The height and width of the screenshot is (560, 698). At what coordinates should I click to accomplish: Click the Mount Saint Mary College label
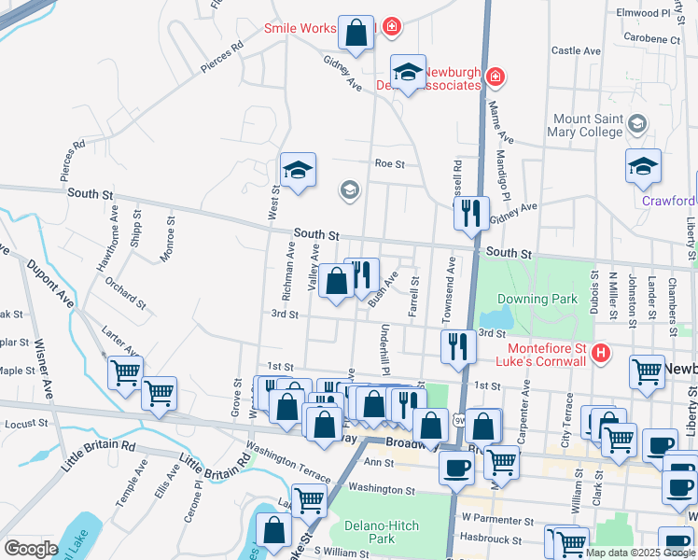click(x=588, y=125)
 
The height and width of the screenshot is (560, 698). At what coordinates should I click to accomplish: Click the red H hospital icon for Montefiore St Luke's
click(x=601, y=354)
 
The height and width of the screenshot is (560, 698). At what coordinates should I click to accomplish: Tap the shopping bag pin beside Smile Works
click(x=356, y=35)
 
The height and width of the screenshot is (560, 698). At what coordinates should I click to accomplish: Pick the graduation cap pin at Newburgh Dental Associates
click(x=408, y=73)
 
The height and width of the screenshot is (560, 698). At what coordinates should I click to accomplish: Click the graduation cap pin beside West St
click(x=298, y=171)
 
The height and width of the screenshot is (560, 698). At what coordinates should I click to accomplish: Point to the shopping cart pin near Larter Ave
click(x=125, y=373)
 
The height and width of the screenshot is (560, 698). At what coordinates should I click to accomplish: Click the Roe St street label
click(x=389, y=163)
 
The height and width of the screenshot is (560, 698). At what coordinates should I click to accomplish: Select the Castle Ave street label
click(x=578, y=50)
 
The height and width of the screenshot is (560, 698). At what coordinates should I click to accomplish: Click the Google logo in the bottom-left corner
click(x=31, y=549)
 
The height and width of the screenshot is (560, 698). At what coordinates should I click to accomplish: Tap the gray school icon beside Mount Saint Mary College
click(x=637, y=123)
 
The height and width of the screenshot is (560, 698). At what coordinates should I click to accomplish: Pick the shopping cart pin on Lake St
click(x=309, y=500)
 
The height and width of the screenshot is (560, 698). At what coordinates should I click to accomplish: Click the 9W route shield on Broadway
click(x=459, y=421)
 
